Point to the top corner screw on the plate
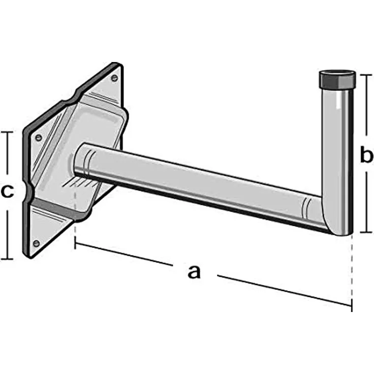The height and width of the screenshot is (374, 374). pos(115,78)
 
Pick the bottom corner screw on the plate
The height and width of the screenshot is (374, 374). pos(36,243)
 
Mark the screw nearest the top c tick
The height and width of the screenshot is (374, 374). pos(38,136)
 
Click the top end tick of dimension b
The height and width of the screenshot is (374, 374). pos(366,74)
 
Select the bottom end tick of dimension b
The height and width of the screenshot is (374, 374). pos(366,233)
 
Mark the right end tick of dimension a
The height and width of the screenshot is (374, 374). pos(352,305)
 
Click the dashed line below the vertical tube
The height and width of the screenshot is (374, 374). pos(351,269)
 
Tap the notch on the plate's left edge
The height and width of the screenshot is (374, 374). pos(30,194)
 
